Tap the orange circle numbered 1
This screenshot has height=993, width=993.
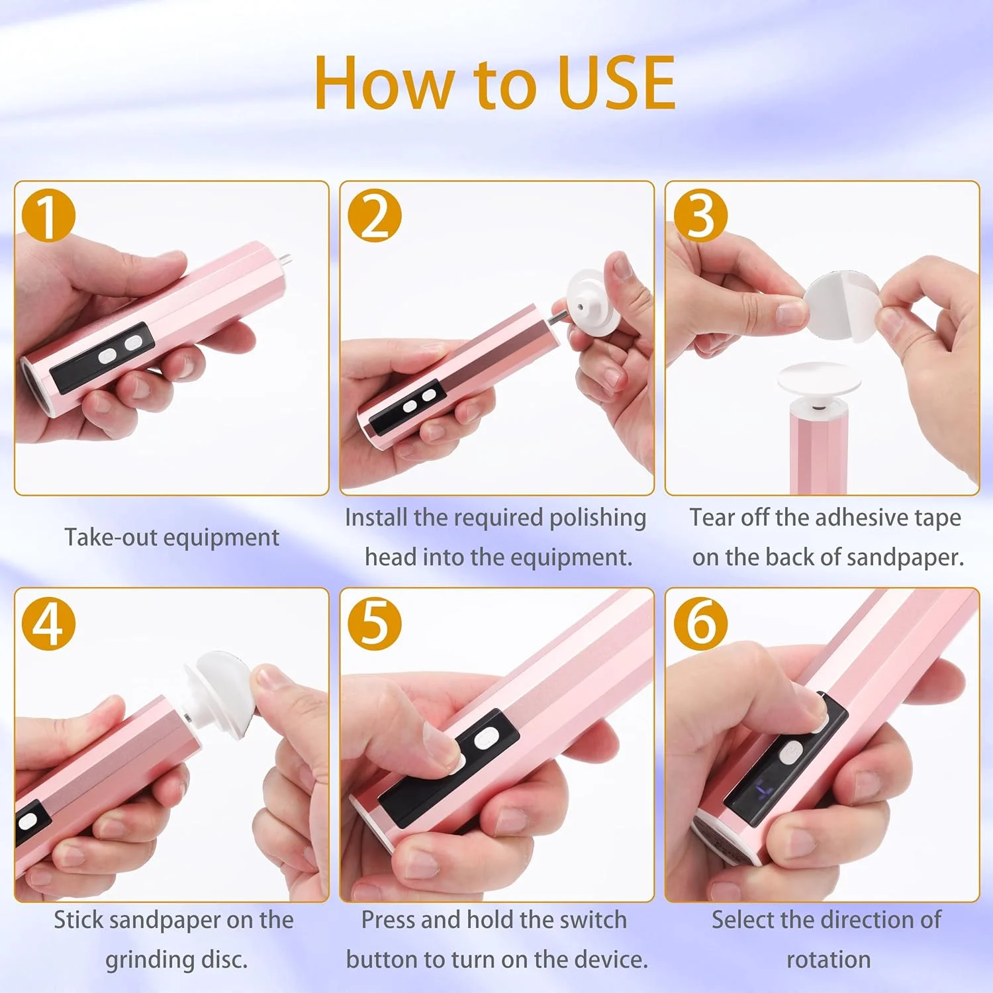point(48,216)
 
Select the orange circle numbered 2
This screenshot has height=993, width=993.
point(375,216)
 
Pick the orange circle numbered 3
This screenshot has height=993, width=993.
point(700,216)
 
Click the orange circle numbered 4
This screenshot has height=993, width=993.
point(48,623)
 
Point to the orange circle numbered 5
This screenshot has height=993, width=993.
point(375,623)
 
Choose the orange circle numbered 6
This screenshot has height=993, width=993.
point(700,623)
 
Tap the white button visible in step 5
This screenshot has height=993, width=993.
point(487,737)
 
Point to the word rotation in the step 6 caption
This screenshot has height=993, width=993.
point(828,960)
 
